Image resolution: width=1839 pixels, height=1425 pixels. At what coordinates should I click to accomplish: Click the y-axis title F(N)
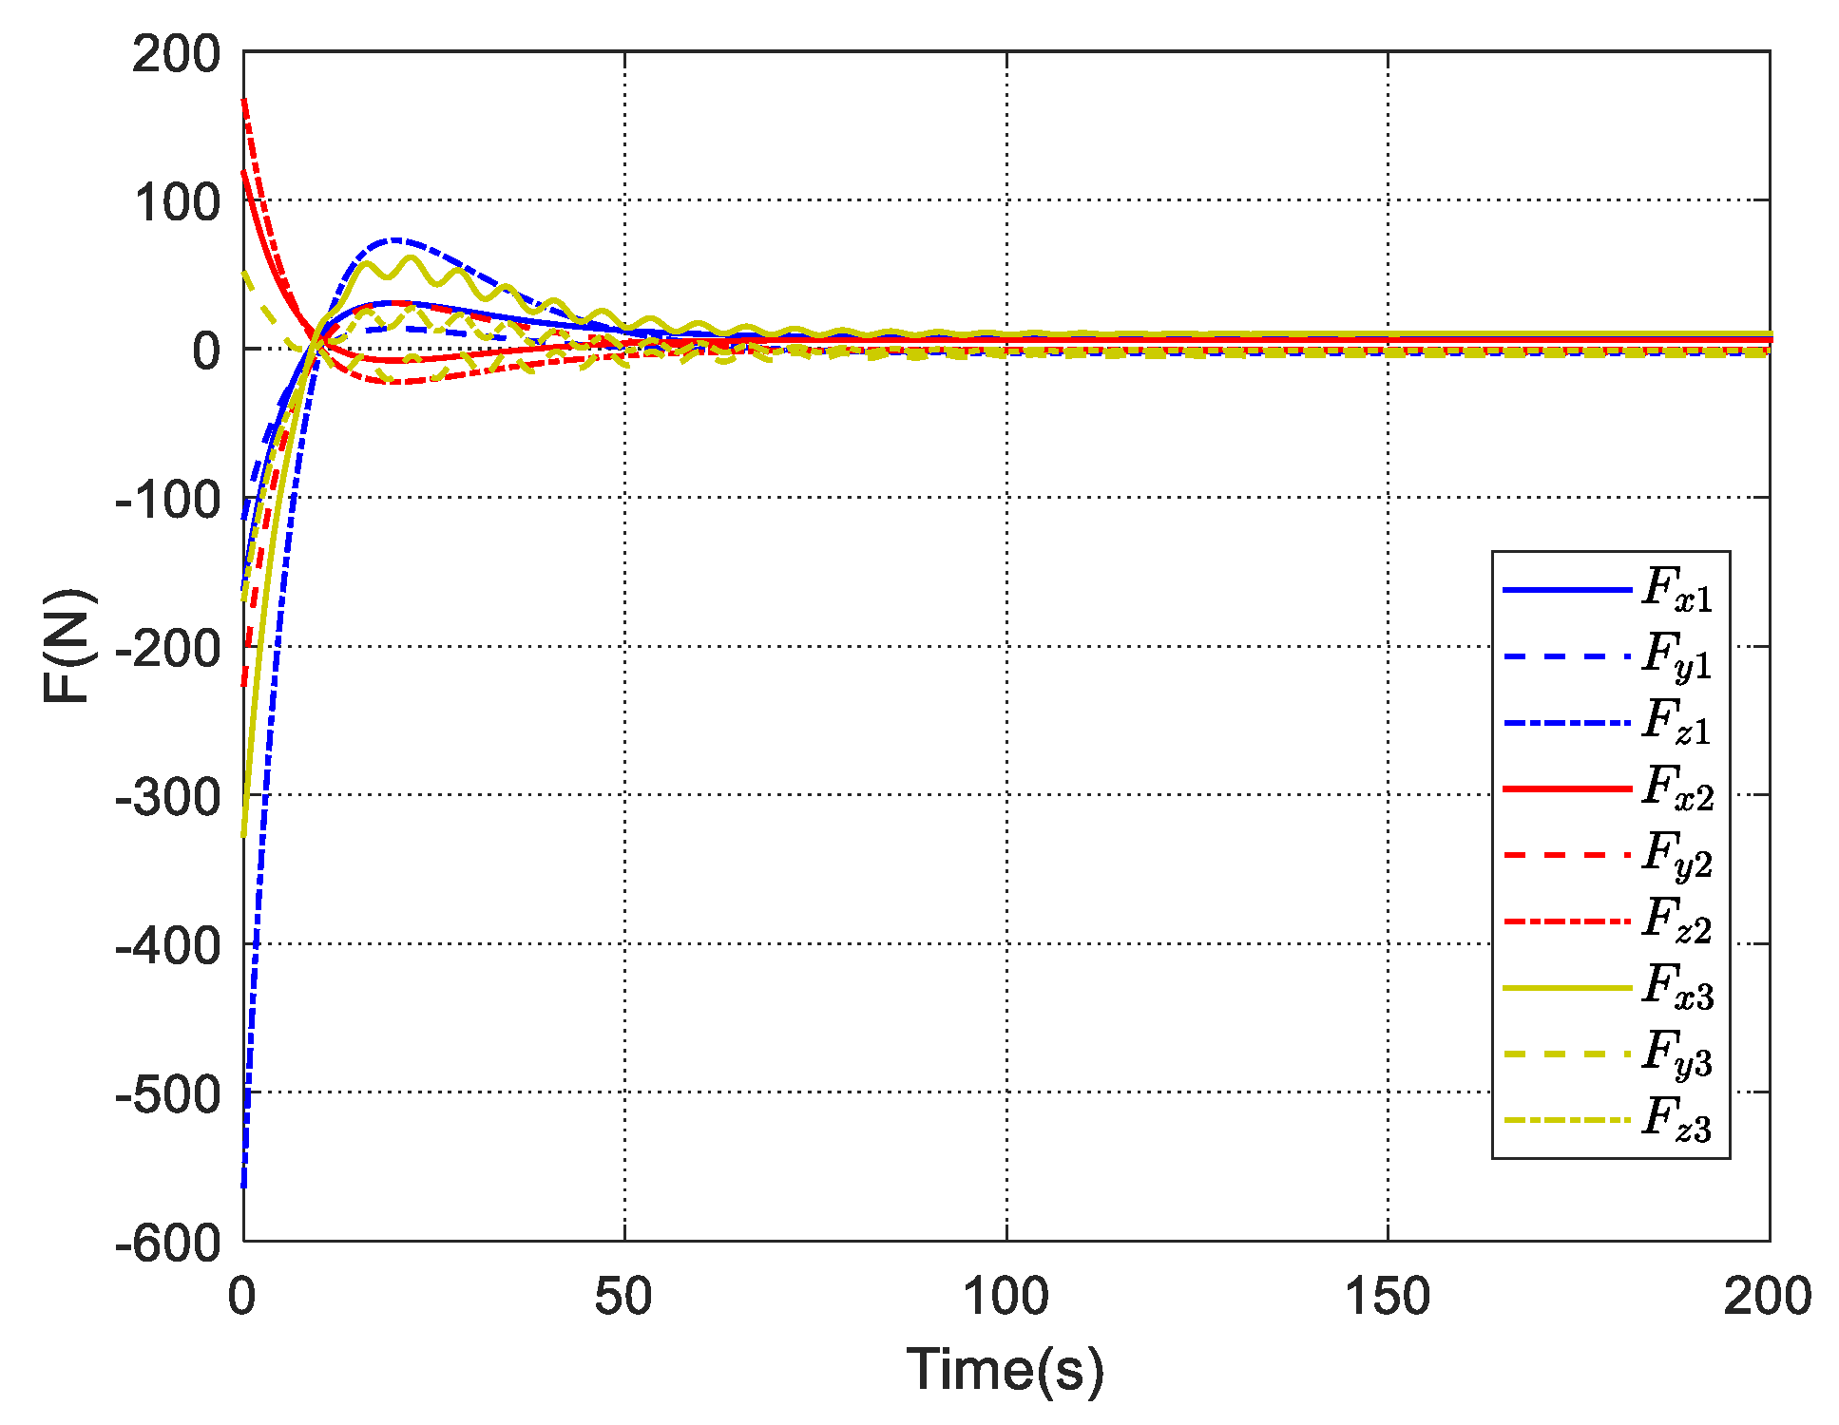68,646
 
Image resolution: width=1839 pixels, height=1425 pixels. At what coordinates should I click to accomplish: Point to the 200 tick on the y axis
177,55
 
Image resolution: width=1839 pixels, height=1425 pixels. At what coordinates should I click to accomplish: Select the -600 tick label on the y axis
168,1243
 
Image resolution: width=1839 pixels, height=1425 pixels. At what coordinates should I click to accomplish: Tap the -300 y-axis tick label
168,796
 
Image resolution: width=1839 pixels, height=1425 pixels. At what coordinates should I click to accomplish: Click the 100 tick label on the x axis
1006,1297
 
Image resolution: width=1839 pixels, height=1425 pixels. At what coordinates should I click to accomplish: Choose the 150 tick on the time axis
1388,1297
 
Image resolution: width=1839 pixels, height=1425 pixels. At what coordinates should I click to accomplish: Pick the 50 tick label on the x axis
623,1297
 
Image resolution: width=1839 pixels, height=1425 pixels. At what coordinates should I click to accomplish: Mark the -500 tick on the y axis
168,1094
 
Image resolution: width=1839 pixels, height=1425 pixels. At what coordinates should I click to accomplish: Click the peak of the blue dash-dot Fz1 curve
395,239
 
